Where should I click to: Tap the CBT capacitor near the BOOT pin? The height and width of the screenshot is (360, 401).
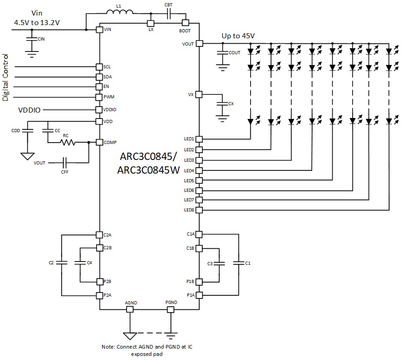pos(168,13)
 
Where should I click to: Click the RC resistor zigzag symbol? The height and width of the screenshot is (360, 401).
pos(68,143)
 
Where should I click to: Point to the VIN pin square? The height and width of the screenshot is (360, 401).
pos(99,30)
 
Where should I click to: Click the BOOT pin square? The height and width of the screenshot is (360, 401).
pos(185,23)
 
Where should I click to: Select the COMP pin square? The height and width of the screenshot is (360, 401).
pos(99,143)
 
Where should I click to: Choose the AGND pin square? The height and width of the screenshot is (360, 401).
pos(130,309)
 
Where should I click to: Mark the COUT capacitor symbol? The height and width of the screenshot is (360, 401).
pos(222,53)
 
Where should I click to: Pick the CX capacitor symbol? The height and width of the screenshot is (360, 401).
pos(222,104)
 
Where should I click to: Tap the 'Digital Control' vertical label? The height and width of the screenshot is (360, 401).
pos(6,77)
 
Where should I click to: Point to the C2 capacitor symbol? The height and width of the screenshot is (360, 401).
pos(62,263)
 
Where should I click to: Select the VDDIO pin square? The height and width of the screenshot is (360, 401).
pos(99,110)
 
